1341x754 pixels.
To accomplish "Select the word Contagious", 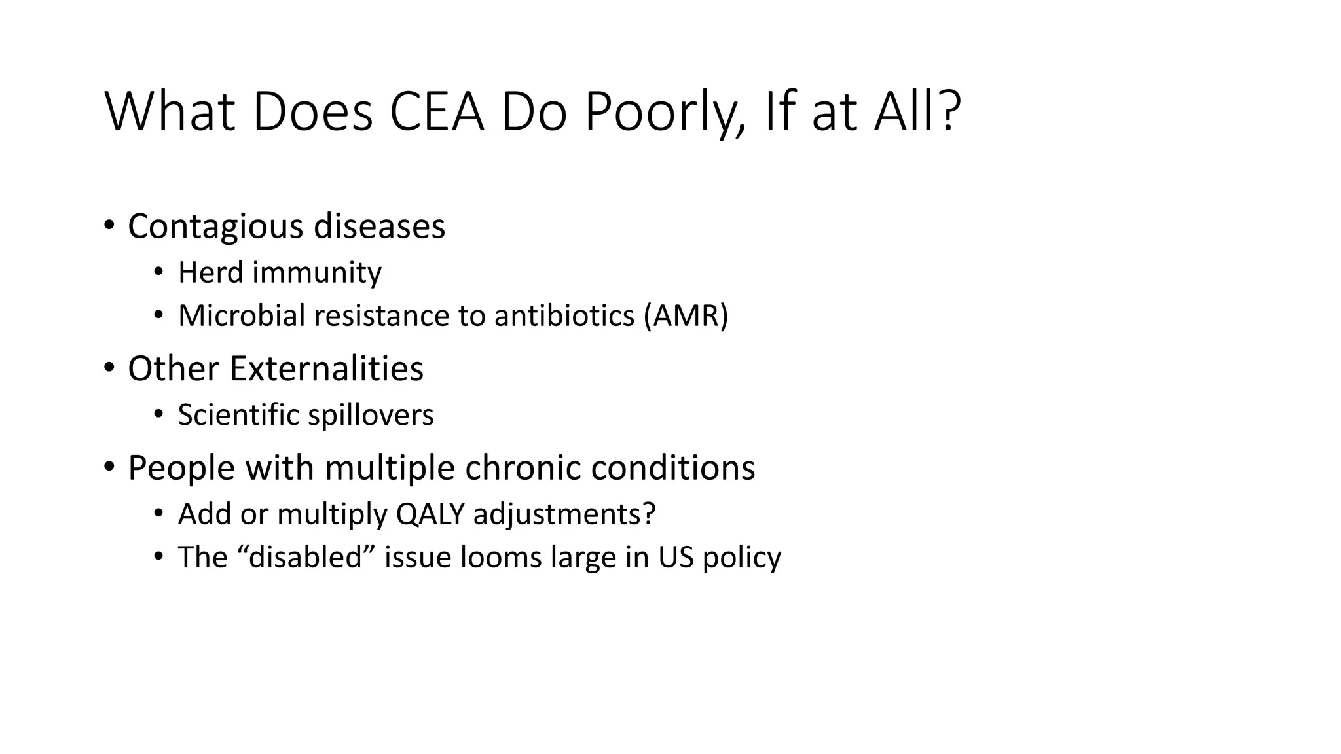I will [215, 226].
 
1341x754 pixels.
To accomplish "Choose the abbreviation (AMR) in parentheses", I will [686, 316].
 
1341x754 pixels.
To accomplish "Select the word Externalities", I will [325, 368].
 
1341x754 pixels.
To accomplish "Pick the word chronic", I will [518, 468].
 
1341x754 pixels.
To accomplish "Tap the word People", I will [181, 468].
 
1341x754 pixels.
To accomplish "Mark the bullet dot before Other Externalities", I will [109, 368].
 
